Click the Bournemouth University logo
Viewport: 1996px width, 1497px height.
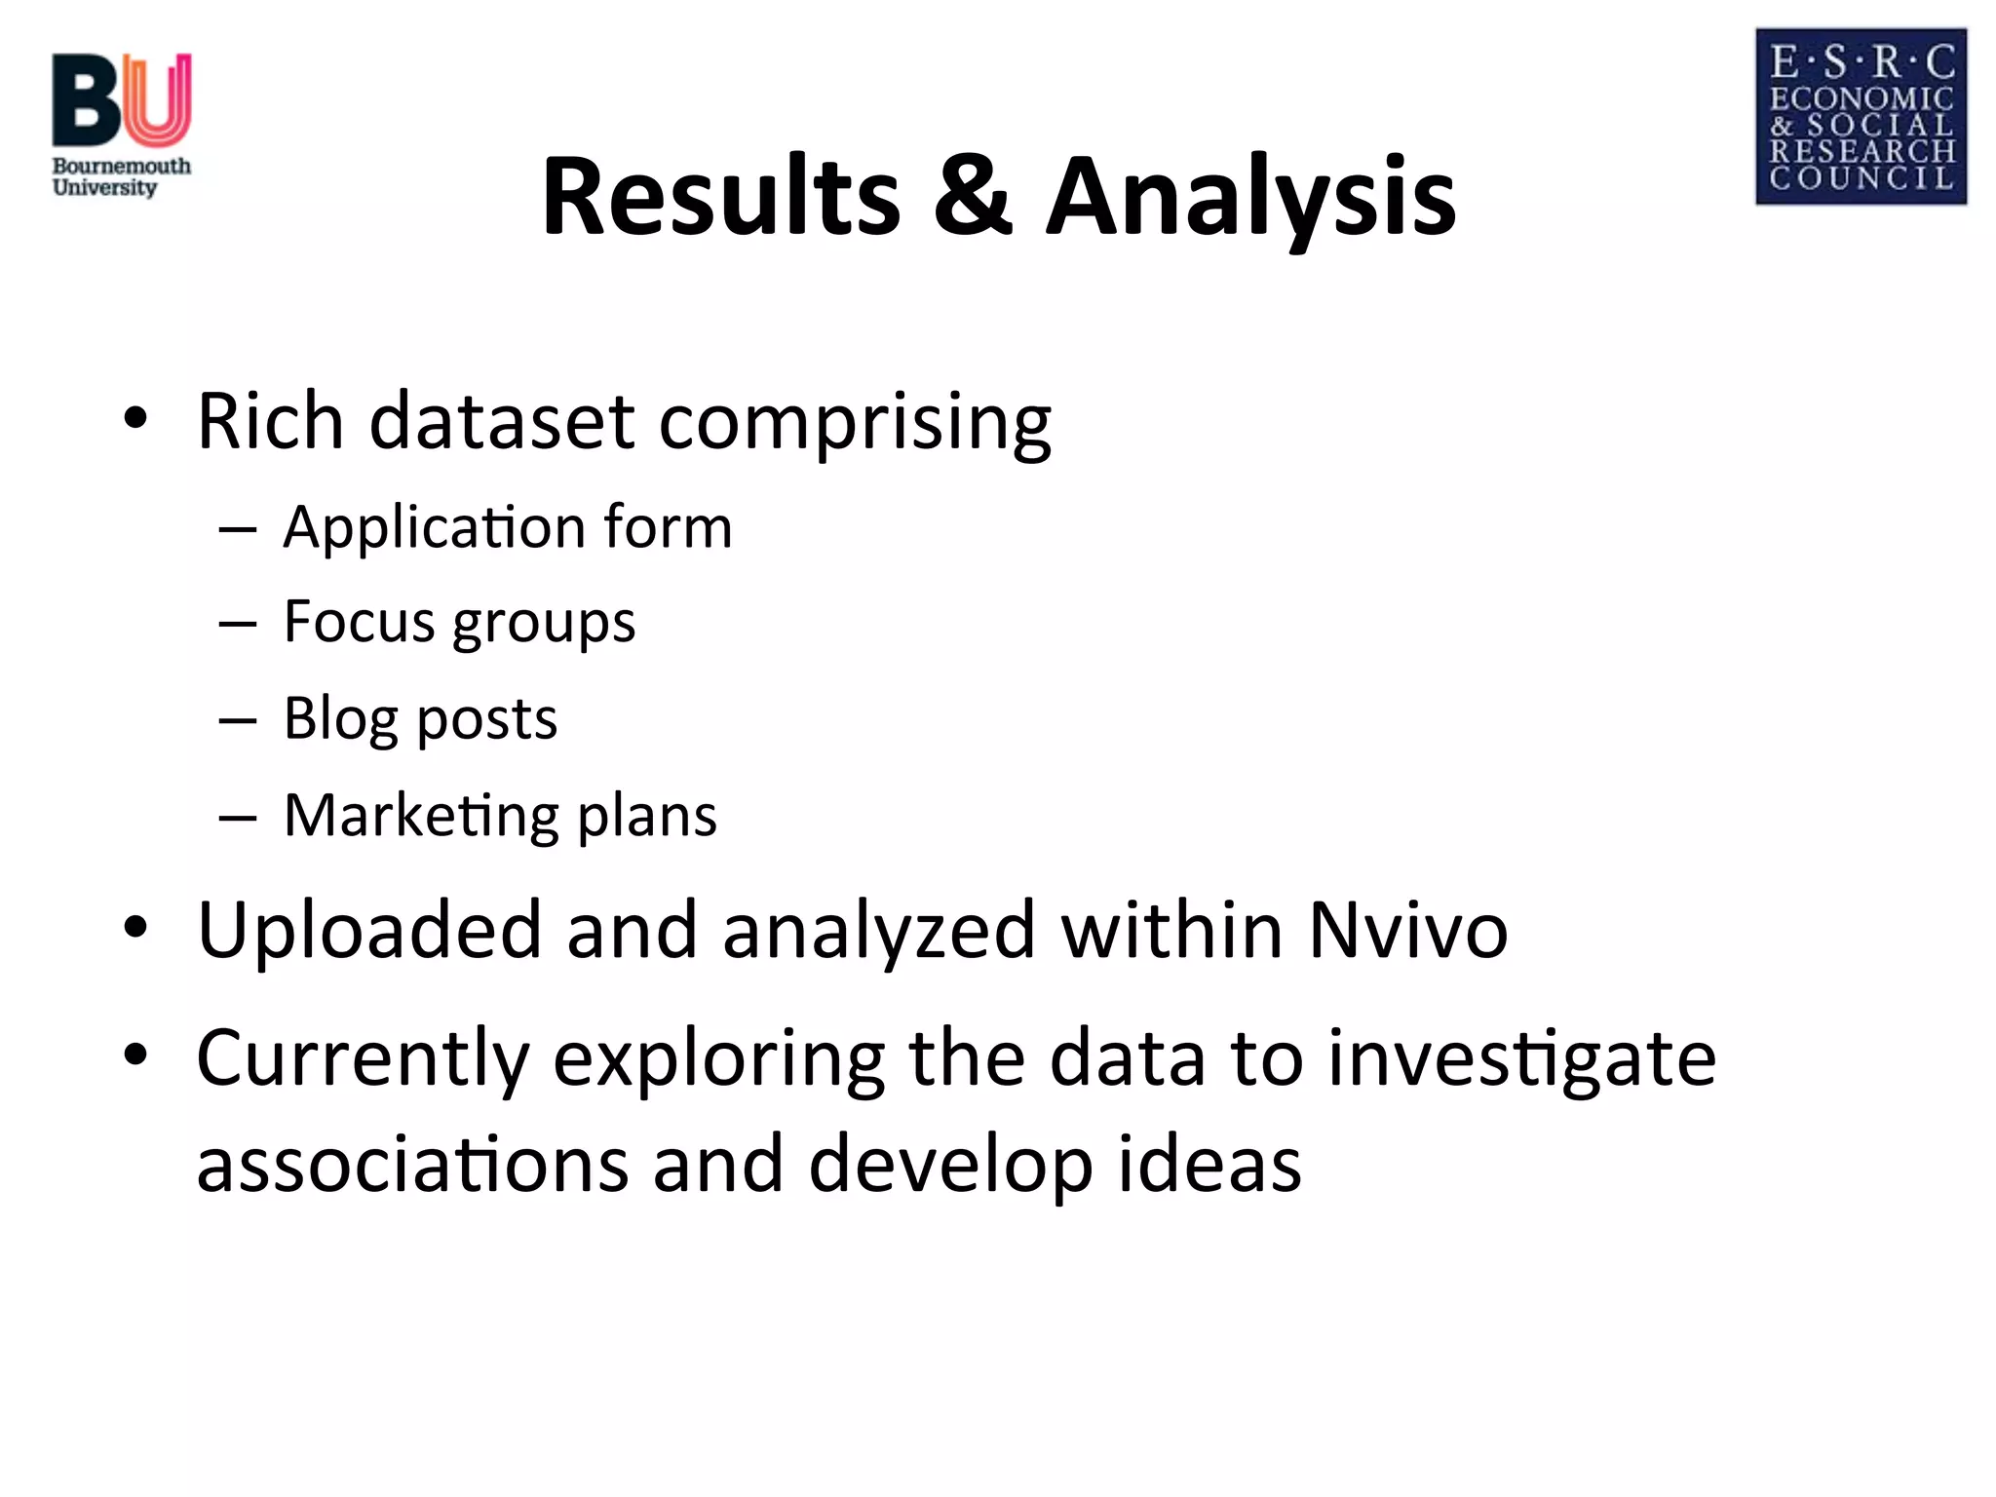pos(121,125)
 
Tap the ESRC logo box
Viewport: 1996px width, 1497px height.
pos(1861,117)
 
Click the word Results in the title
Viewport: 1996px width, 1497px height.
pos(721,197)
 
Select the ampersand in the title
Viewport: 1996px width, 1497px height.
pos(973,197)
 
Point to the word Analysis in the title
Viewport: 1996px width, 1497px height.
pos(1250,197)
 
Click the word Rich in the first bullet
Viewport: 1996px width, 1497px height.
pos(270,421)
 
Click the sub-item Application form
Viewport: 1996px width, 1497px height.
pos(507,527)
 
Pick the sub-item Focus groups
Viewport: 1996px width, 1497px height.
pos(459,623)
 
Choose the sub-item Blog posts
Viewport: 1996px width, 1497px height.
pos(420,719)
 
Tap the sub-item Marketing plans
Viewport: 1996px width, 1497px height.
pos(500,816)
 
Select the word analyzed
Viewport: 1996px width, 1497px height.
pos(878,931)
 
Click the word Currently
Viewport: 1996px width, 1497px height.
pos(363,1059)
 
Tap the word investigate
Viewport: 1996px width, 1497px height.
pos(1521,1059)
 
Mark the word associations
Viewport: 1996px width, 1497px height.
pos(412,1165)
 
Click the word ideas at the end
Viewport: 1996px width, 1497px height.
pos(1209,1165)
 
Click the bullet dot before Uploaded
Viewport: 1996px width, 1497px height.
pos(135,927)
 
